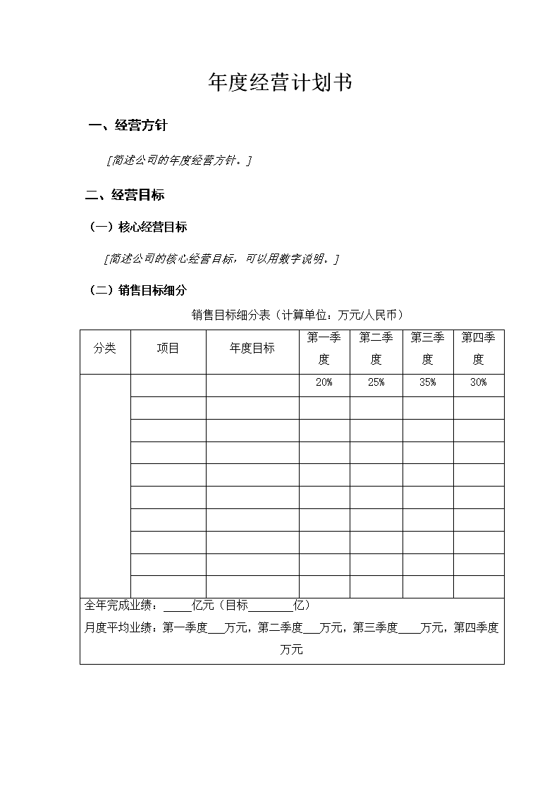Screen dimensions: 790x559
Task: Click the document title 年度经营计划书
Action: pos(280,83)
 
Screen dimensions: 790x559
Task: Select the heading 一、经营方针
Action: pos(128,126)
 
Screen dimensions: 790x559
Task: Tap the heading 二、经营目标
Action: pos(125,195)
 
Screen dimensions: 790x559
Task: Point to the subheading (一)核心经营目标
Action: pos(138,227)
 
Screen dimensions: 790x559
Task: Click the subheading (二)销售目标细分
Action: pos(138,289)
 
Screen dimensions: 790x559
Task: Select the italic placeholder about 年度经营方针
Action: pos(179,161)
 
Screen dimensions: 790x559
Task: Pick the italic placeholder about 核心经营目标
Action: pos(221,259)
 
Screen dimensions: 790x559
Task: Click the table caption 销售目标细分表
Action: pos(297,315)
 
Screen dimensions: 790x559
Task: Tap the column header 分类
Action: pos(105,349)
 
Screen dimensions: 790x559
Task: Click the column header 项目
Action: pos(168,349)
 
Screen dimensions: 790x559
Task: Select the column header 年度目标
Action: pos(252,349)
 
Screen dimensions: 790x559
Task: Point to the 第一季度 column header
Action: pos(324,349)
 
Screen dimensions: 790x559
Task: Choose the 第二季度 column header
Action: pos(376,349)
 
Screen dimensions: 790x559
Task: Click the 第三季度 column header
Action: pos(427,349)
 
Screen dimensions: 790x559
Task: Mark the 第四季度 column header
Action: pos(478,349)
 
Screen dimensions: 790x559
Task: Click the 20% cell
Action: pos(324,382)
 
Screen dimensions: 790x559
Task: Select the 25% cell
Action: pos(376,382)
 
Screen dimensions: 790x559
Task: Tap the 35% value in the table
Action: pos(427,382)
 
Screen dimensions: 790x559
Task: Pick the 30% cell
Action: pos(478,382)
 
